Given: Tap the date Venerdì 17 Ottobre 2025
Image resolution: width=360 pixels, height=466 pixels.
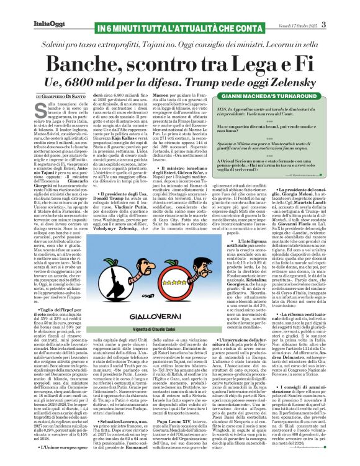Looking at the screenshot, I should [316, 7].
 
